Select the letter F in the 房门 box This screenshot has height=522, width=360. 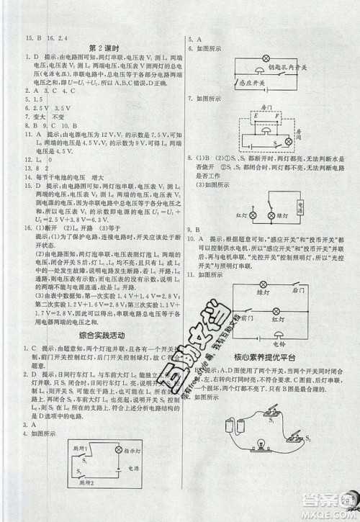click(x=279, y=113)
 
